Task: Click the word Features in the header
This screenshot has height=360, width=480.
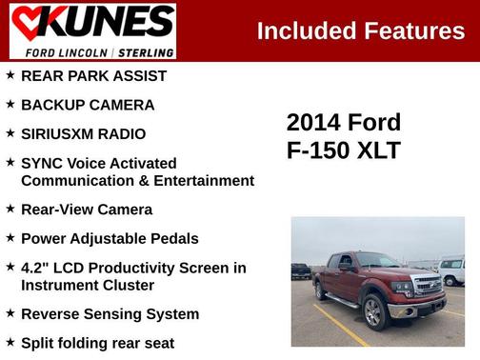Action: click(414, 30)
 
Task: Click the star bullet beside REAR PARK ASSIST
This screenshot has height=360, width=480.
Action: click(10, 75)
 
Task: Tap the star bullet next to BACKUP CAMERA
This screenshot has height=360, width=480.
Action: click(10, 104)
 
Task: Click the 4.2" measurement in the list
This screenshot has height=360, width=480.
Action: click(36, 268)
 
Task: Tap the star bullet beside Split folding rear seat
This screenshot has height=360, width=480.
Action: click(10, 342)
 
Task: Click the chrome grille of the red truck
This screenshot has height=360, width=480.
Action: click(426, 285)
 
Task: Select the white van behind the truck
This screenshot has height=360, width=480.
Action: click(451, 270)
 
